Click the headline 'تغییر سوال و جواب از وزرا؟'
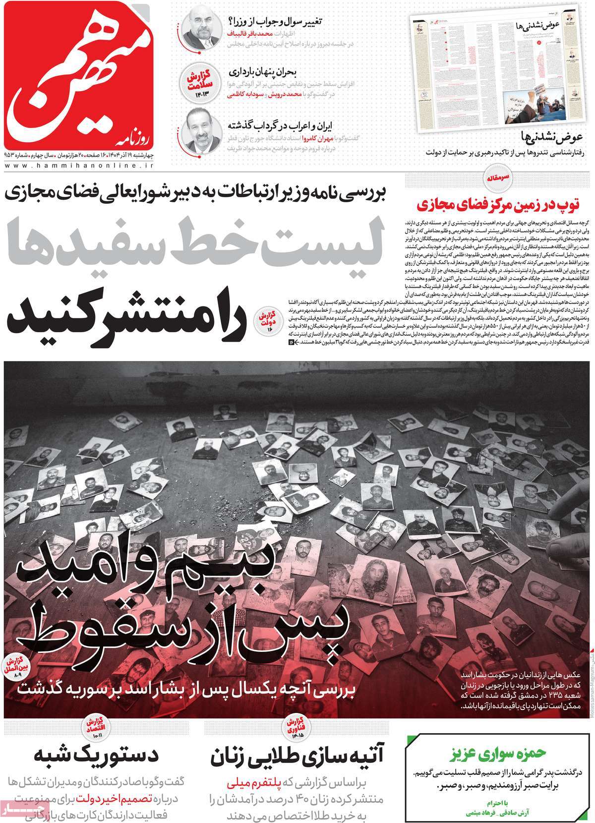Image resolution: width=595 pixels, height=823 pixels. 275,22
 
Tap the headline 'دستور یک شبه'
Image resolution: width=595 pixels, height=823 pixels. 96,756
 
